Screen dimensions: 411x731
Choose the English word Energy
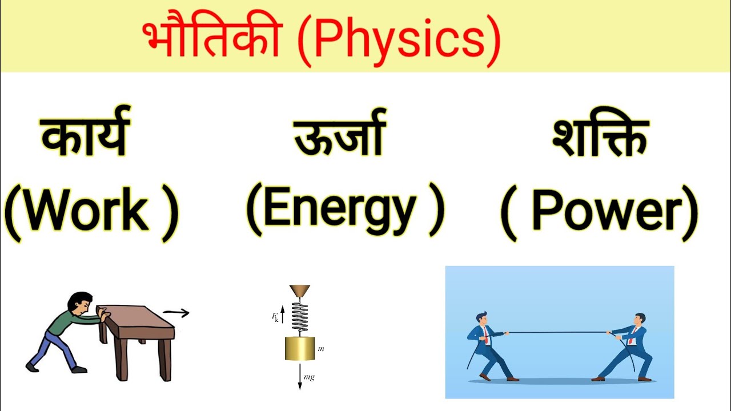point(340,208)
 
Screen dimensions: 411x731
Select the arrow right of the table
point(176,312)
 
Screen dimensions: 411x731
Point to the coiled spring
point(300,317)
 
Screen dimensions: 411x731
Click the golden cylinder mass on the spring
point(300,348)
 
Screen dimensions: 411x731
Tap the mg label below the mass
point(309,378)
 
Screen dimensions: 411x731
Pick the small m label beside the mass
point(321,348)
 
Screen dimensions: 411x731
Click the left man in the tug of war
point(485,342)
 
